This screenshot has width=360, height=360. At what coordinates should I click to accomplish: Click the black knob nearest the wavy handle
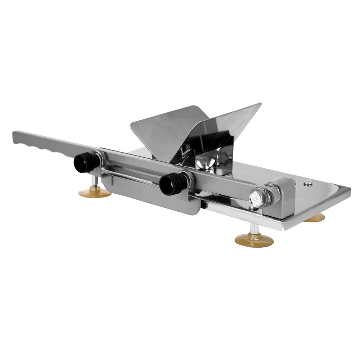[x=86, y=162]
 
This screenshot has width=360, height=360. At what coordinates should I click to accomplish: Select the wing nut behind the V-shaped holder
[x=204, y=165]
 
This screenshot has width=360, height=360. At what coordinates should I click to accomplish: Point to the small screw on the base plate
[x=307, y=183]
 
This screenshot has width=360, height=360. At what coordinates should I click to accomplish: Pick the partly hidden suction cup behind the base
[x=315, y=218]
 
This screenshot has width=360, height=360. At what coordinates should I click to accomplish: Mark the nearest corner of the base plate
[x=284, y=227]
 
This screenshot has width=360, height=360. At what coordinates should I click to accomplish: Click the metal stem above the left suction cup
[x=94, y=182]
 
